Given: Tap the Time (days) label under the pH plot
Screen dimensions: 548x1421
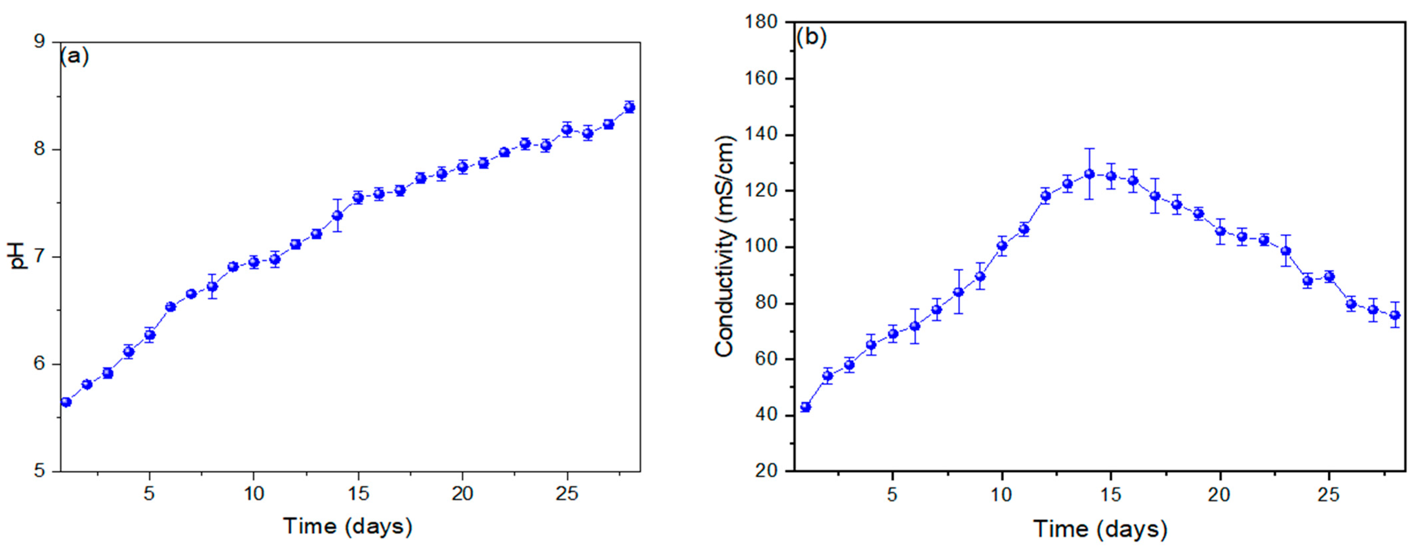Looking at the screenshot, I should (348, 526).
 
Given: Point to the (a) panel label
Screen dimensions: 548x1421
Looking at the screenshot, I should (74, 56).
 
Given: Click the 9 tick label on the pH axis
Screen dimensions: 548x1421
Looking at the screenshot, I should (40, 43).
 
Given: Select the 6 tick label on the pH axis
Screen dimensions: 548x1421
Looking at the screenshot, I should (40, 364).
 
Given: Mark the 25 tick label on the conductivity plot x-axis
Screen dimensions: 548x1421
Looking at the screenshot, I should (1328, 495).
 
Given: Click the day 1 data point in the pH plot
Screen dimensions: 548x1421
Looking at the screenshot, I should (66, 402).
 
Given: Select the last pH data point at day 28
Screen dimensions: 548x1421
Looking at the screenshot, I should (629, 107).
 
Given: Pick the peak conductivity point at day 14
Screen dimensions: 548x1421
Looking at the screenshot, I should (1089, 174).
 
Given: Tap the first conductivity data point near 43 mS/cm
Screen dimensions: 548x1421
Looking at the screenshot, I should (805, 407).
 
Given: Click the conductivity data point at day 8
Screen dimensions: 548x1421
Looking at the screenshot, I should (958, 292).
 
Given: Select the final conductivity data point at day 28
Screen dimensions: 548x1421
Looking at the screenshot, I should (1394, 315).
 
